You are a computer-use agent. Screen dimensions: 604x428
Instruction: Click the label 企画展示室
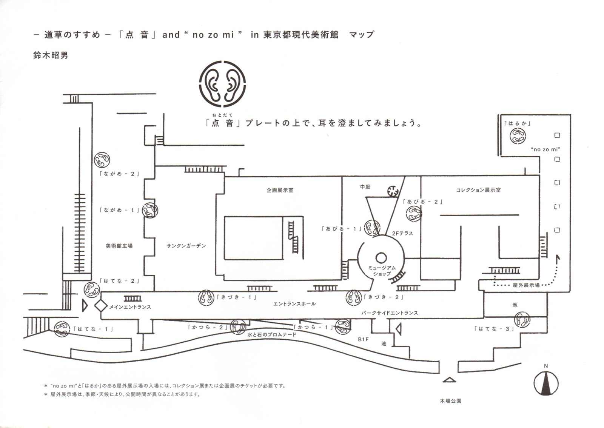click(x=280, y=190)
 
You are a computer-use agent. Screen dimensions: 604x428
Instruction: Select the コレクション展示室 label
click(x=478, y=190)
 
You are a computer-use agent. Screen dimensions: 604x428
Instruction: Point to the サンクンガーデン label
click(x=186, y=246)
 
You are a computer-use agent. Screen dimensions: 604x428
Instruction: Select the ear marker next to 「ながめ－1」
click(x=150, y=210)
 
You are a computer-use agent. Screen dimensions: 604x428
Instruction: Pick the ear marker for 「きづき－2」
click(x=354, y=297)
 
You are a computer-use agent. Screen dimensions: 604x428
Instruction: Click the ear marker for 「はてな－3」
click(x=522, y=319)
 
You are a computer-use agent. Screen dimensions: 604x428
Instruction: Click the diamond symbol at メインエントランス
click(x=100, y=306)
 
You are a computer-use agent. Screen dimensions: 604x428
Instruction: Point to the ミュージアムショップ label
click(x=382, y=270)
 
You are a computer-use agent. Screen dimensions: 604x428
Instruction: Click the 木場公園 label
click(x=450, y=401)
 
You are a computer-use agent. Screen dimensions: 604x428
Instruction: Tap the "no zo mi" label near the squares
click(x=545, y=149)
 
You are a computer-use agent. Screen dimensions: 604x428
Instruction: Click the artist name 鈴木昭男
click(x=51, y=55)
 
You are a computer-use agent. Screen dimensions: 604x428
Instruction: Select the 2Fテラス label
click(x=402, y=233)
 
